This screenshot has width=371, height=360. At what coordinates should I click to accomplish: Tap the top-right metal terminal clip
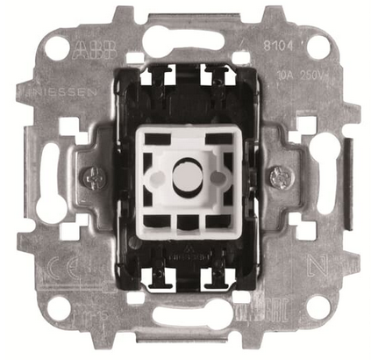click(x=213, y=77)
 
